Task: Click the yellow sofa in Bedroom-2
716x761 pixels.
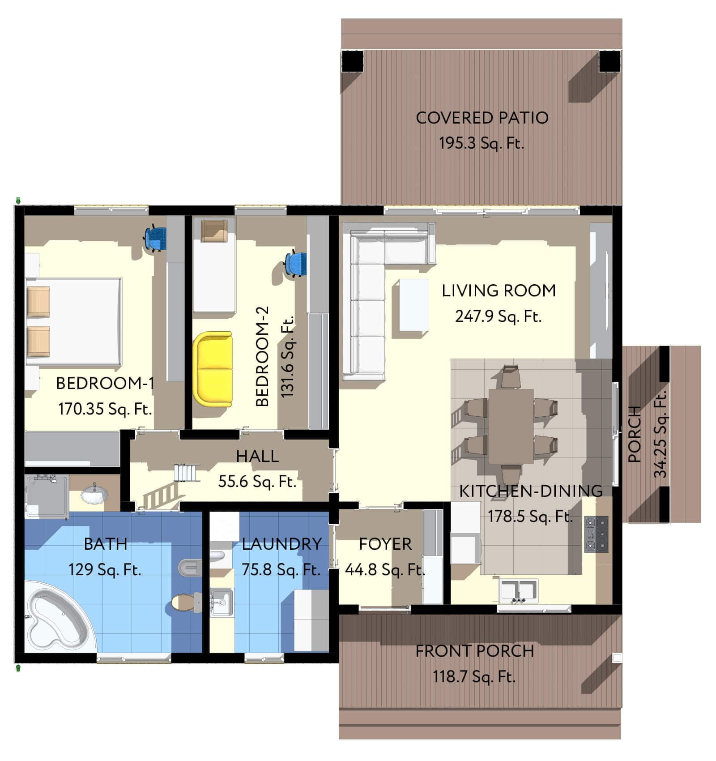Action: click(x=213, y=369)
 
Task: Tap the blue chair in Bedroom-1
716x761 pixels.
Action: click(x=156, y=238)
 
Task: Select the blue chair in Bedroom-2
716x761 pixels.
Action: click(x=297, y=264)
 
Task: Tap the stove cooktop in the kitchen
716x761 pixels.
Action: click(x=597, y=534)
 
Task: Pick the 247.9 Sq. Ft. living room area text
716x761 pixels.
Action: click(x=498, y=316)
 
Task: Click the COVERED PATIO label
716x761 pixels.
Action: click(x=482, y=118)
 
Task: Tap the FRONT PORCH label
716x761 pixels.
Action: click(x=474, y=651)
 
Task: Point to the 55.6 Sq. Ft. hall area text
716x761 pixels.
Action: click(x=257, y=482)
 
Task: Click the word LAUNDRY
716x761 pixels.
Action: click(x=282, y=544)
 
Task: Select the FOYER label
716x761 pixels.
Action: click(x=385, y=544)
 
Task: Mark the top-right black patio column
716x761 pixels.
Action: click(x=609, y=61)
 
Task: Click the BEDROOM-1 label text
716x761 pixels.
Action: click(x=105, y=383)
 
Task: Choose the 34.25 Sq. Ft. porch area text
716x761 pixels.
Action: click(x=661, y=434)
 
